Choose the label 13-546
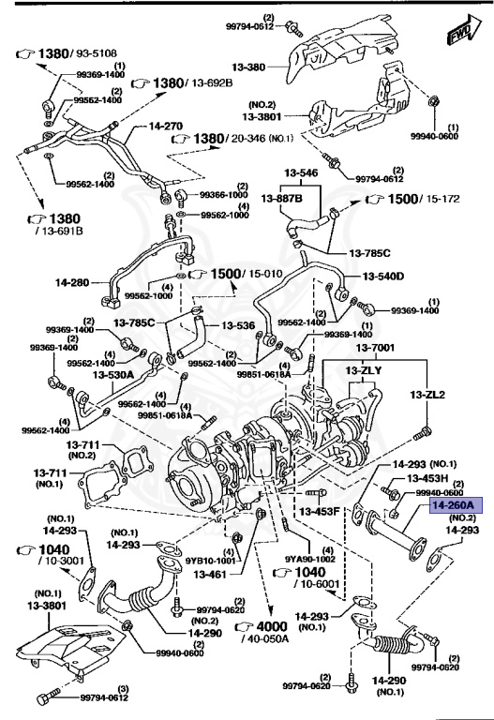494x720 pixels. click(303, 174)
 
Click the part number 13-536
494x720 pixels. click(238, 326)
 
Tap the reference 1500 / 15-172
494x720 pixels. click(410, 200)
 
